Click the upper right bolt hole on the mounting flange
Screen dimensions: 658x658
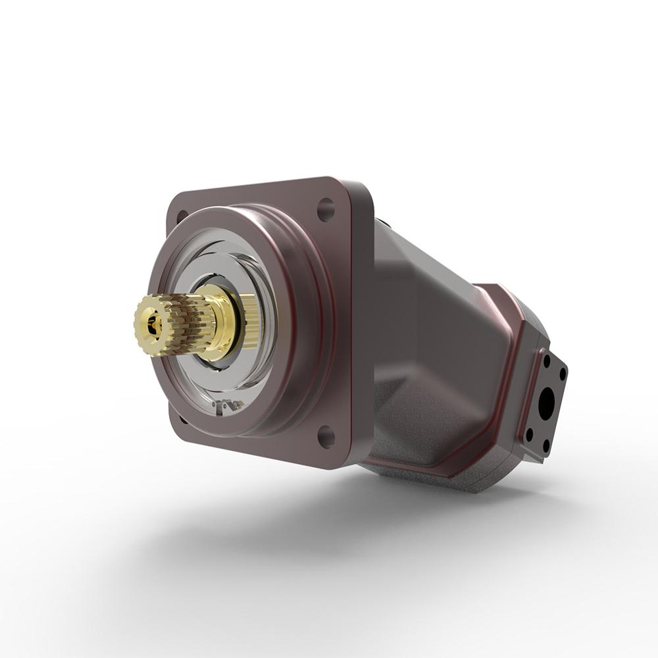tap(326, 209)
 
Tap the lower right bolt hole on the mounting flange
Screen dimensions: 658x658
tap(326, 436)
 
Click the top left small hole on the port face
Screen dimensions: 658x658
tap(546, 361)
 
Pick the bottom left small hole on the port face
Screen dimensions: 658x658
tap(529, 434)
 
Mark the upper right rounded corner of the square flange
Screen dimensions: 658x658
tap(359, 188)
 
